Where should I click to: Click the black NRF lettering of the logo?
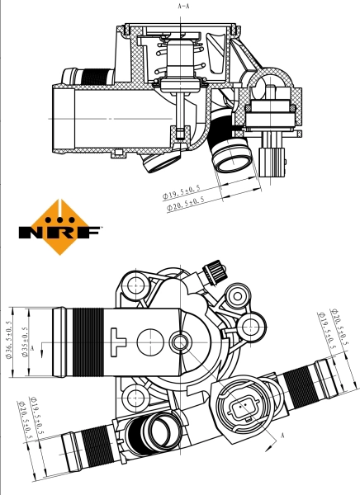(59, 233)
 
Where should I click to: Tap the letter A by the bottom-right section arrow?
(283, 435)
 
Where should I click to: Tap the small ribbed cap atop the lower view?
(216, 270)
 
